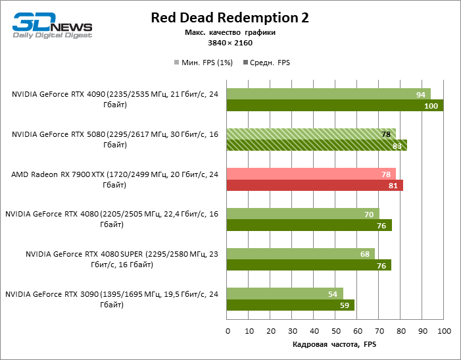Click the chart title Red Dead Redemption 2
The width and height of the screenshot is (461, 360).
[x=230, y=17]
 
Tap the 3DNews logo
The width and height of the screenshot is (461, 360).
[x=52, y=25]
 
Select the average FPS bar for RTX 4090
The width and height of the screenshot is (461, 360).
[x=335, y=106]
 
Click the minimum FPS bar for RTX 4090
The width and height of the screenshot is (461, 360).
[x=328, y=94]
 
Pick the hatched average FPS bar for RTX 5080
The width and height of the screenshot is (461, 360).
[x=316, y=145]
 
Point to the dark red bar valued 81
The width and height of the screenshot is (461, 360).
[x=314, y=186]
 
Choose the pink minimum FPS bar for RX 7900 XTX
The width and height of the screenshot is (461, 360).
[x=311, y=174]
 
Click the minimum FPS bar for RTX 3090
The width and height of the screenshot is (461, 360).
[x=285, y=293]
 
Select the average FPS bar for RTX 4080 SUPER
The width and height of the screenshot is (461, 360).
[x=309, y=265]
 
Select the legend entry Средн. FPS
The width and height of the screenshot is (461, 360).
[x=266, y=63]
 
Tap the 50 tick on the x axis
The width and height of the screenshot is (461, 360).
[x=335, y=330]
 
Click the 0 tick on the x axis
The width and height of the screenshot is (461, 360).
[x=227, y=330]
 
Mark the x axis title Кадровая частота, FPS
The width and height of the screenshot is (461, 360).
[x=334, y=345]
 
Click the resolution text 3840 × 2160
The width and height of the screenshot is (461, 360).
[x=230, y=43]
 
